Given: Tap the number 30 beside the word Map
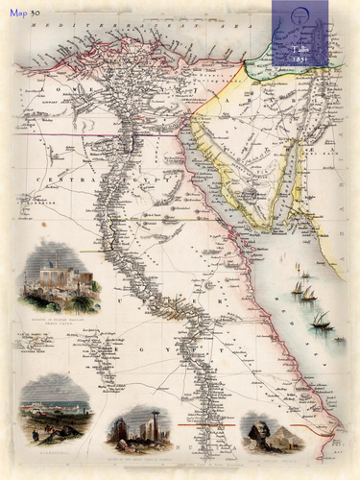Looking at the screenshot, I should (x=35, y=12).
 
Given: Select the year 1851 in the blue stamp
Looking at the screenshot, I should (x=300, y=57).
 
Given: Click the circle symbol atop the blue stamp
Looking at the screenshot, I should (x=300, y=14).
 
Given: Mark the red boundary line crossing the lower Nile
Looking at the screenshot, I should (x=206, y=422).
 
